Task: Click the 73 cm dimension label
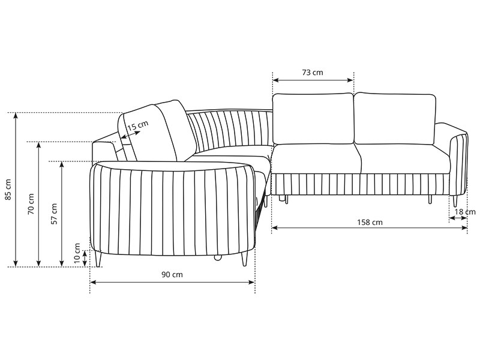(313, 73)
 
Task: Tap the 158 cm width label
(370, 222)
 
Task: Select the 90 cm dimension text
(172, 275)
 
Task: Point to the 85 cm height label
(8, 190)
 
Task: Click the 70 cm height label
(31, 204)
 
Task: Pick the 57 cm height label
(54, 214)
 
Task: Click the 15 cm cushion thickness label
(138, 125)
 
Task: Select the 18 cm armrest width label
(465, 212)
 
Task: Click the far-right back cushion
(395, 118)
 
